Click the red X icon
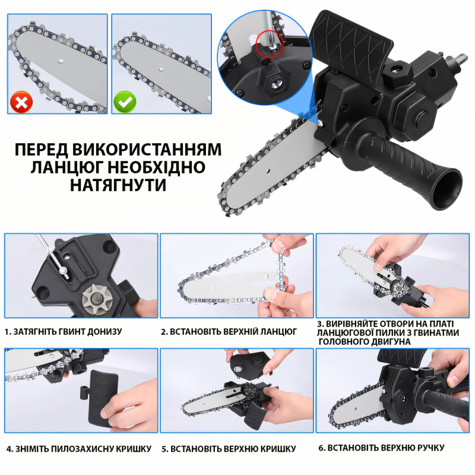(x=21, y=102)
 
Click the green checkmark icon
(x=125, y=102)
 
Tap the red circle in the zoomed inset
(x=270, y=43)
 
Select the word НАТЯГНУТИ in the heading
(x=118, y=185)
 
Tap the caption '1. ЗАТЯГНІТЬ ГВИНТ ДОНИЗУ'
(x=64, y=332)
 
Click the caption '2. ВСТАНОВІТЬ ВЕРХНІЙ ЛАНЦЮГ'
(x=229, y=332)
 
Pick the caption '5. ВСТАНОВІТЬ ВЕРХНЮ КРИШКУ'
(x=229, y=449)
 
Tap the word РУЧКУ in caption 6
(x=429, y=448)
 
